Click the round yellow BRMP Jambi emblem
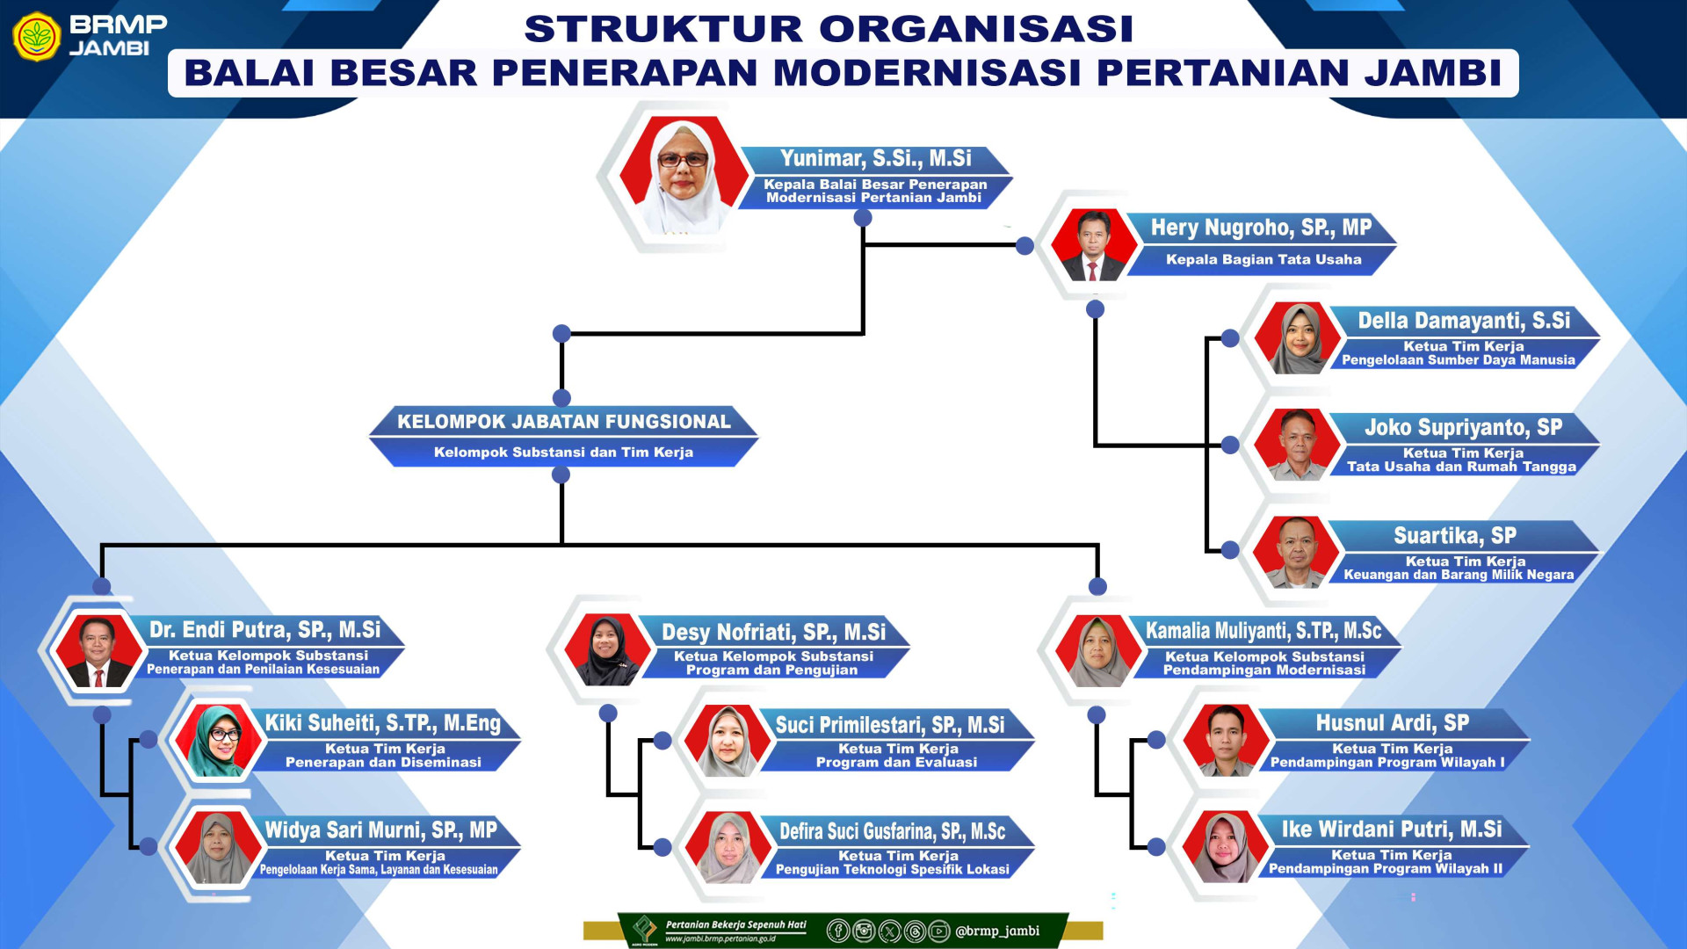(37, 37)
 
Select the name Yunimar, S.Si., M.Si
(875, 158)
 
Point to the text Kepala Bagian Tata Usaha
(1263, 259)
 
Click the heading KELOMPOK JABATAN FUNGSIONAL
(564, 422)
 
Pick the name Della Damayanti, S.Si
(1464, 321)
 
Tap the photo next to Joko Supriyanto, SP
(1297, 445)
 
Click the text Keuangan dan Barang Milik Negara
(1459, 575)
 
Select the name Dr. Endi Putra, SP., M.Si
(264, 630)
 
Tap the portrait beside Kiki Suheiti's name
(216, 741)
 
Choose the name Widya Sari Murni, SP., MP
(380, 830)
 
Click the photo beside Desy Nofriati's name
(606, 650)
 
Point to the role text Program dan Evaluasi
(896, 763)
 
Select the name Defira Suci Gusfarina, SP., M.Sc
(892, 831)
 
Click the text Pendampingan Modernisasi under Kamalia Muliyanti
(1264, 670)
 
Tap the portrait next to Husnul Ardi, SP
(1226, 740)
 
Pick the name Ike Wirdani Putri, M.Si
(1392, 829)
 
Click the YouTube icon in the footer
(939, 931)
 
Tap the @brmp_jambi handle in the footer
(997, 931)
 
